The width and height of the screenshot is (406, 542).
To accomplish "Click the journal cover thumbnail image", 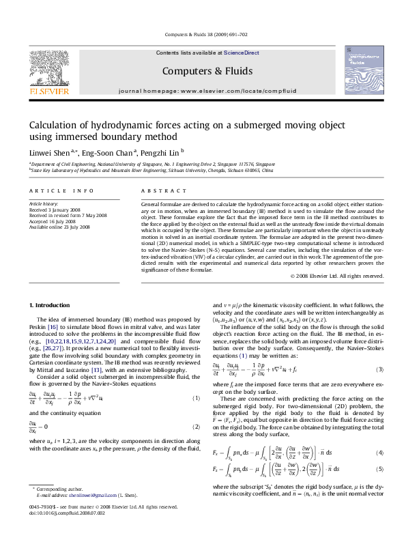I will pos(364,70).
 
